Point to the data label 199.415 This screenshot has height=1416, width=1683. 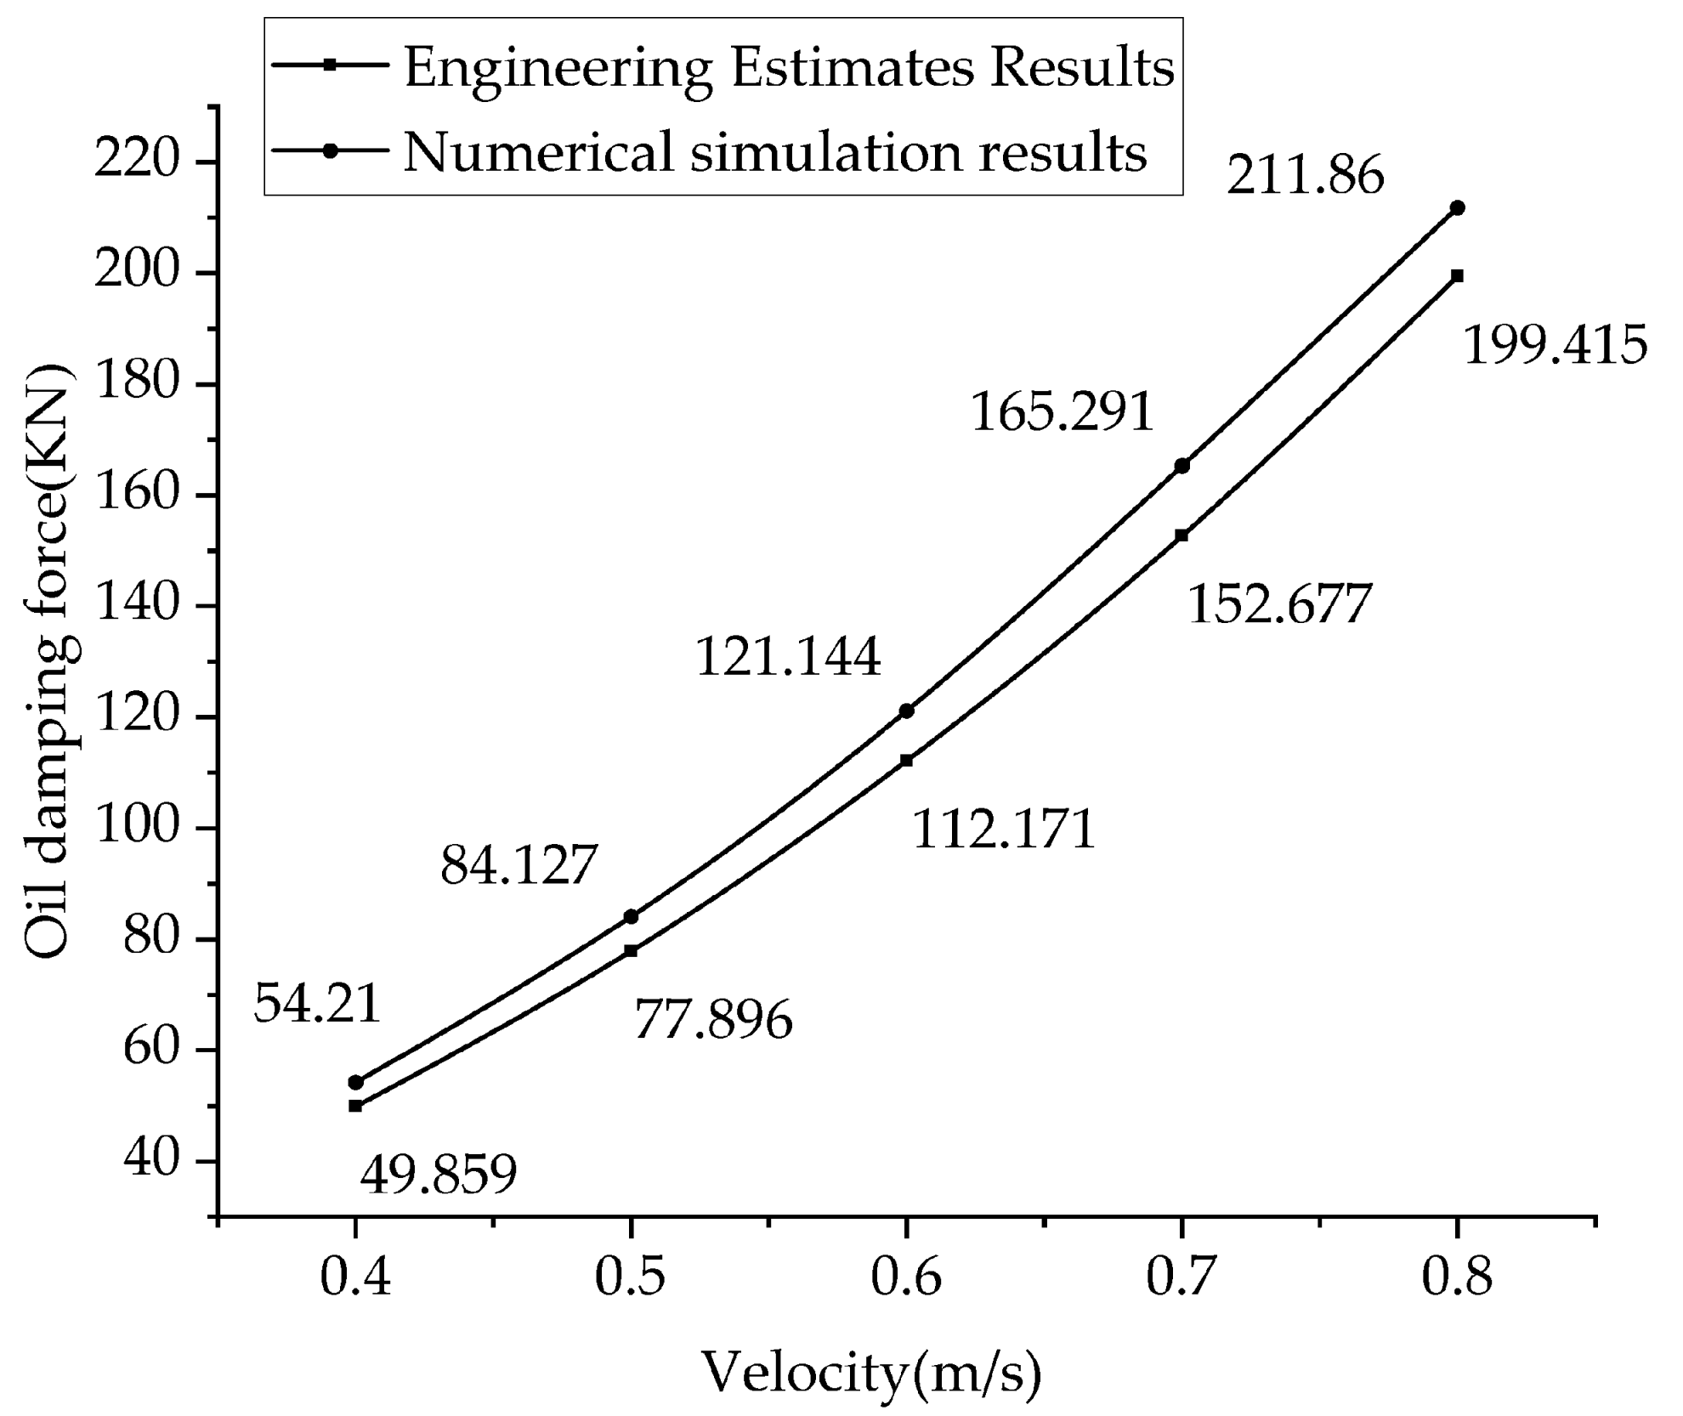point(1555,346)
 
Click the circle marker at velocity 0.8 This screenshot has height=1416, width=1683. point(1457,208)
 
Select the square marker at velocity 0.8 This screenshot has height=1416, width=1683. point(1457,276)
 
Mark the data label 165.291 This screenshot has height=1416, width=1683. point(1062,412)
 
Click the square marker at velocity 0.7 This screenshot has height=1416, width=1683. point(1181,535)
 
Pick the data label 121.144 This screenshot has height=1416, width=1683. point(788,657)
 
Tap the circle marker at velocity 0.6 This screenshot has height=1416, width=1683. point(906,711)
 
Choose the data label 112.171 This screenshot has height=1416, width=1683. point(1004,830)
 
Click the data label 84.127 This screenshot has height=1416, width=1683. point(519,865)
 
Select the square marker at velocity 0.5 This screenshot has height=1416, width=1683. point(631,951)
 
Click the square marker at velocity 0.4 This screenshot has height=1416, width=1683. point(355,1106)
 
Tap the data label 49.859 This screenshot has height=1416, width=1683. point(439,1175)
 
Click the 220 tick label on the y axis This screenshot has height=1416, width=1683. point(142,161)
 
